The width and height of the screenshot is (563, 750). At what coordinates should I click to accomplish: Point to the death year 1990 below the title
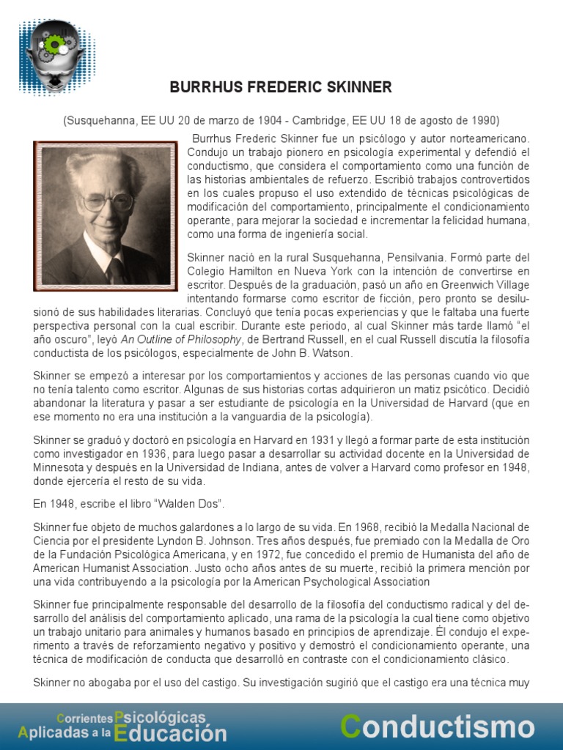tap(485, 120)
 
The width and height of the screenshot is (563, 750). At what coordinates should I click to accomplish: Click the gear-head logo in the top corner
tap(54, 55)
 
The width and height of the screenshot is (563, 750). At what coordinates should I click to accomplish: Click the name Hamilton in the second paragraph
tap(252, 271)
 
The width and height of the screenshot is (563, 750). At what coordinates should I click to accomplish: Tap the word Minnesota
tap(61, 467)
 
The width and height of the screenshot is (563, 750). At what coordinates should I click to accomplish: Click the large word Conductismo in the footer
tap(438, 727)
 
